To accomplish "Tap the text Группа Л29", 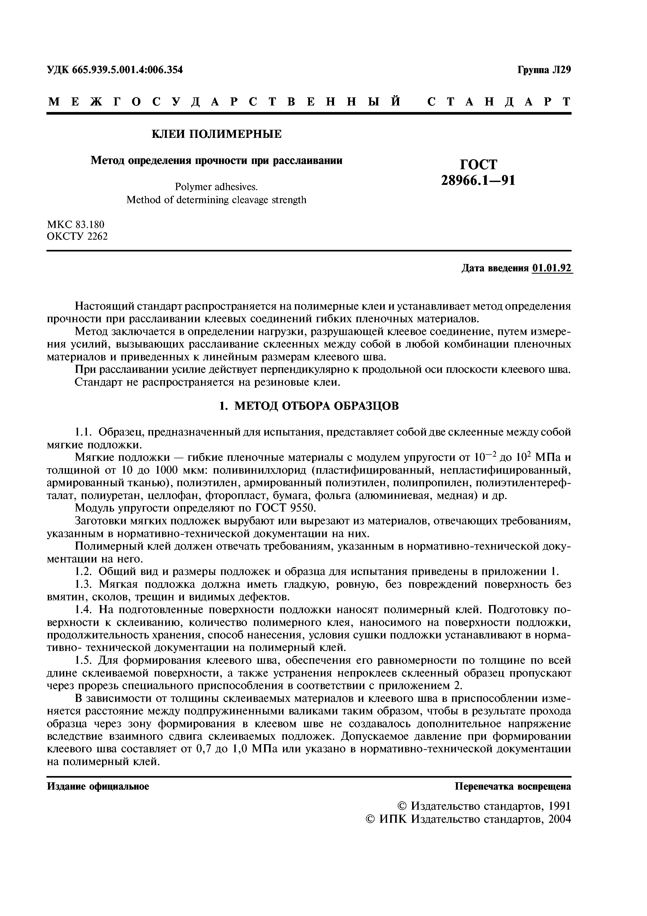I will click(x=544, y=70).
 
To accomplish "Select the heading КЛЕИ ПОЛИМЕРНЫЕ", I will click(x=216, y=134).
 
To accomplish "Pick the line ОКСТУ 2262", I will click(x=77, y=236).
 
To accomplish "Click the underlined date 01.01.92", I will click(x=551, y=268).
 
